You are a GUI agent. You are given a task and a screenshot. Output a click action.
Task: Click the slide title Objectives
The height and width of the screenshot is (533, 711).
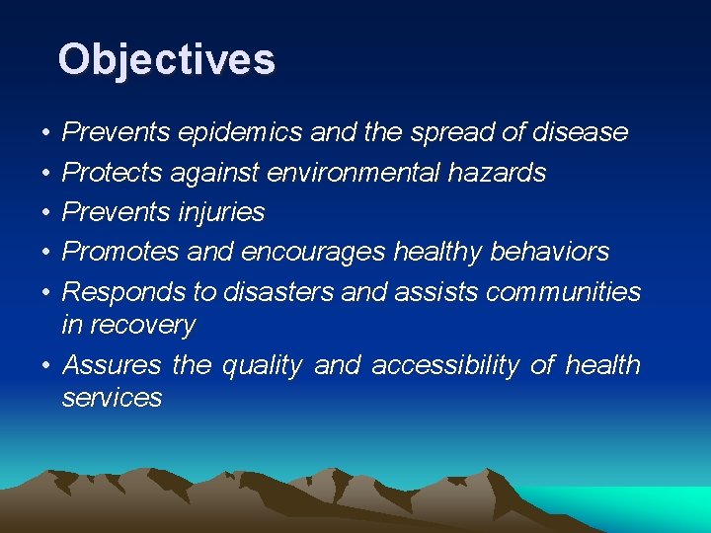click(166, 59)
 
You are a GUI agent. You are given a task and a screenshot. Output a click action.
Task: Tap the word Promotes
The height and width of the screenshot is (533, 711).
click(120, 252)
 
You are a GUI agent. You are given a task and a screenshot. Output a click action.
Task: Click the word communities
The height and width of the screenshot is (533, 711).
click(564, 292)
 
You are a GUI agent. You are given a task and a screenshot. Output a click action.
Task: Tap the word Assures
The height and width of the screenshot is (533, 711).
click(112, 365)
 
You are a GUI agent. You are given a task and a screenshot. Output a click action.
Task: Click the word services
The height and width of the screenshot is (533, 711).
click(112, 398)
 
